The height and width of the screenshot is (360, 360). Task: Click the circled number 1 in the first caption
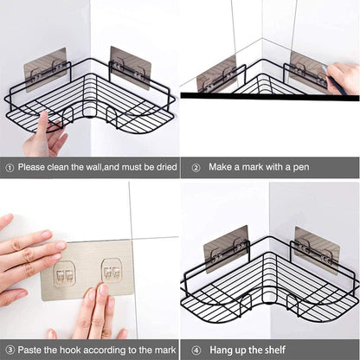[x=9, y=167]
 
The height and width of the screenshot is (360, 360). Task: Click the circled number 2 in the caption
[x=196, y=167]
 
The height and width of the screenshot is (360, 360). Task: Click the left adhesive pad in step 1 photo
[x=46, y=69]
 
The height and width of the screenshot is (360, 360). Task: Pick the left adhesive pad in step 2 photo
[x=215, y=74]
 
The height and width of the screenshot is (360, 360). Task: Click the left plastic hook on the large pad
[x=65, y=273]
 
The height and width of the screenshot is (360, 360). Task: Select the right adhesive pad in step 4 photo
[x=315, y=247]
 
